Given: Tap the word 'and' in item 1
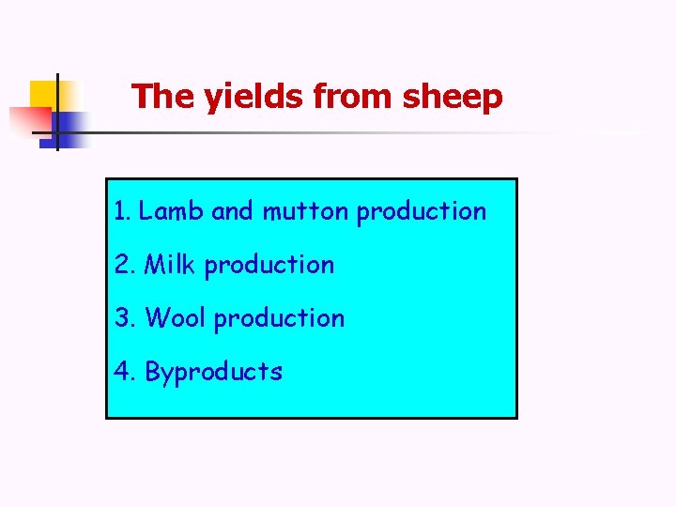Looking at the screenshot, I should pyautogui.click(x=233, y=211).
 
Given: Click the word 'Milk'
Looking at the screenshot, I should pyautogui.click(x=171, y=265).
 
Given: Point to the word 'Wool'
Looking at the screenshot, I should pyautogui.click(x=176, y=318).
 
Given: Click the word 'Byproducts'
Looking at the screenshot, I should pyautogui.click(x=213, y=373).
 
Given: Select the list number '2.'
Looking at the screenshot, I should pyautogui.click(x=125, y=265).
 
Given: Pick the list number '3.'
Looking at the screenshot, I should pyautogui.click(x=125, y=318).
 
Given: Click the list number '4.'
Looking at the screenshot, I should pyautogui.click(x=125, y=372).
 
